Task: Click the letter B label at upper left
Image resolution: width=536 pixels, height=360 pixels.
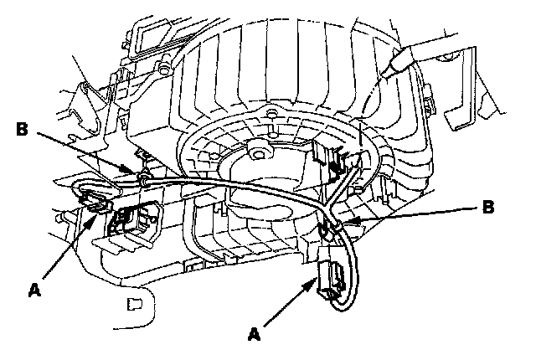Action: click(x=23, y=129)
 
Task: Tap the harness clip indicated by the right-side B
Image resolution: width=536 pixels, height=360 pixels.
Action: click(x=332, y=227)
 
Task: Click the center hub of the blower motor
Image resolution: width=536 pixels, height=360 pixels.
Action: click(x=257, y=153)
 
